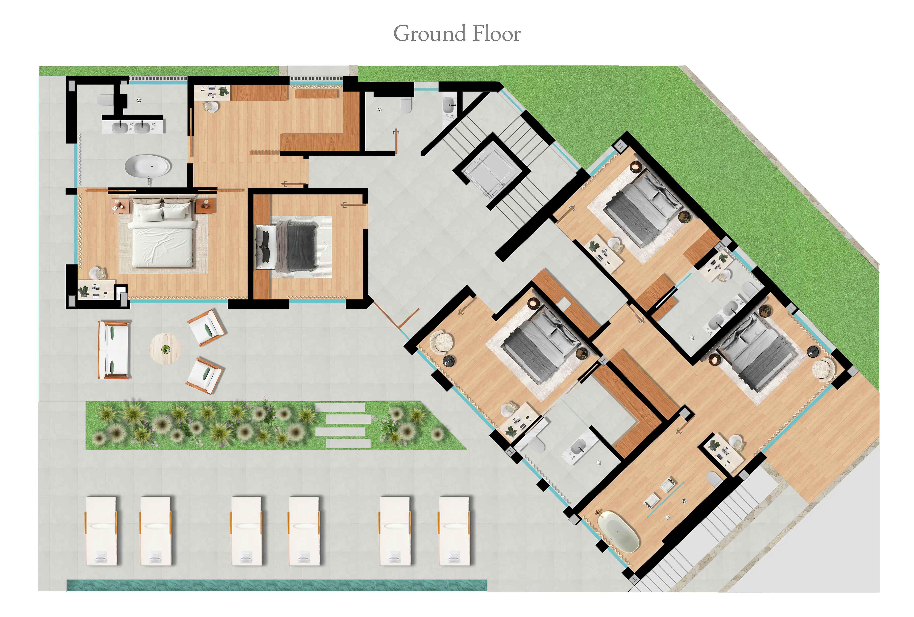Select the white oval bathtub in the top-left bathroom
point(148,166)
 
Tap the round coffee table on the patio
point(165,349)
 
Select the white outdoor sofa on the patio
point(114,350)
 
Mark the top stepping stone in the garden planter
point(341,407)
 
